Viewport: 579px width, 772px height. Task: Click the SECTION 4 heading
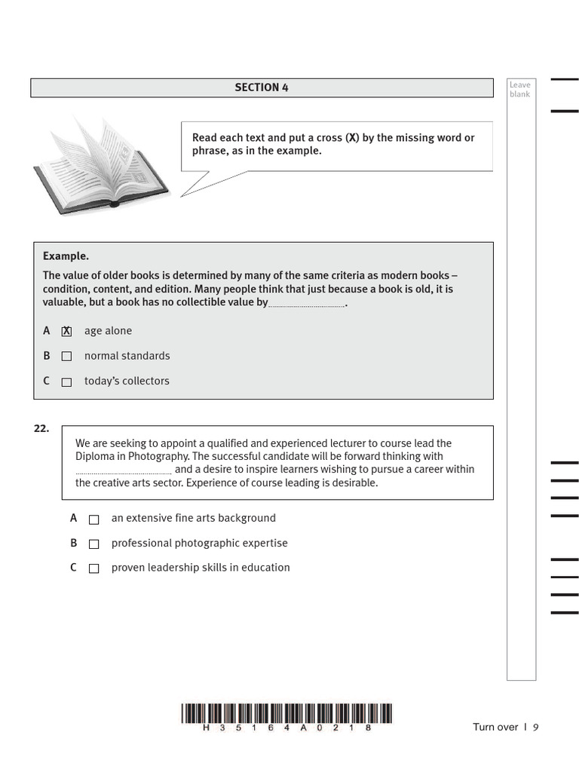pyautogui.click(x=261, y=87)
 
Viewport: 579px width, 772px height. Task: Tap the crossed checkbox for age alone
pyautogui.click(x=66, y=332)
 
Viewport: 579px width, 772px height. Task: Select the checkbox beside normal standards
pyautogui.click(x=66, y=357)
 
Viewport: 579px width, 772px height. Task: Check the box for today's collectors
pyautogui.click(x=66, y=382)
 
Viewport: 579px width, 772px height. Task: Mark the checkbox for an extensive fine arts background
pyautogui.click(x=94, y=519)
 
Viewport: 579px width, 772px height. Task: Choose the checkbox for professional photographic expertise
pyautogui.click(x=94, y=544)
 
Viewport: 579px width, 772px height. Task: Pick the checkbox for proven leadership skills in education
pyautogui.click(x=94, y=569)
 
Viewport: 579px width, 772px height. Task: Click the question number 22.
pyautogui.click(x=41, y=428)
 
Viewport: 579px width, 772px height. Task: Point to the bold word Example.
pyautogui.click(x=66, y=256)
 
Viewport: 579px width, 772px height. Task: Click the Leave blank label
pyautogui.click(x=519, y=90)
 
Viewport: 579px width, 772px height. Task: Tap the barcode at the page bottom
pyautogui.click(x=286, y=713)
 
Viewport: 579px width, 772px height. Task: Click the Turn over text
pyautogui.click(x=495, y=728)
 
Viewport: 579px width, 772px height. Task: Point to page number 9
pyautogui.click(x=536, y=728)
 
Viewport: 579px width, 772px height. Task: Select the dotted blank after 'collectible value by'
pyautogui.click(x=306, y=305)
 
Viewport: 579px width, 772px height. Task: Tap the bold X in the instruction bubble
pyautogui.click(x=351, y=138)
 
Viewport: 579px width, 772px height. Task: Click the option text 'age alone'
pyautogui.click(x=108, y=331)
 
